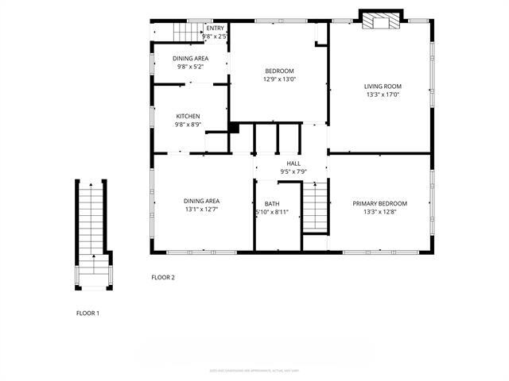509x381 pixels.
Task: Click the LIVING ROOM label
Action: [x=383, y=87]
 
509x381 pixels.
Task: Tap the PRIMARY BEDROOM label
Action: [x=379, y=203]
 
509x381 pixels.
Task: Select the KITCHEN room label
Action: [x=188, y=117]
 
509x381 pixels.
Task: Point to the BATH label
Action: [x=272, y=204]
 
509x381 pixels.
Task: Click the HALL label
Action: [x=293, y=164]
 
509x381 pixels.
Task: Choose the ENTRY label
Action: [x=215, y=29]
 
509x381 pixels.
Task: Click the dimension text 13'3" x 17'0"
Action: [x=383, y=95]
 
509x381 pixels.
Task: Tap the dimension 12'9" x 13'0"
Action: [x=279, y=79]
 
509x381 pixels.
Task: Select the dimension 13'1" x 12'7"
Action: [x=202, y=210]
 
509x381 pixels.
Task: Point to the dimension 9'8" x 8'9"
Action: [x=188, y=125]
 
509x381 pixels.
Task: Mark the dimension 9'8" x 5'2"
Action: [x=192, y=67]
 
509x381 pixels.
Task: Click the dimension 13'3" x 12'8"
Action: [x=379, y=212]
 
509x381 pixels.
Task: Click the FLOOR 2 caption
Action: [x=163, y=277]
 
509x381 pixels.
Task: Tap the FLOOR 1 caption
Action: [x=87, y=314]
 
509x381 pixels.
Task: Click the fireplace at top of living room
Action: [x=380, y=22]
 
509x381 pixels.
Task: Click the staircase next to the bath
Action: [x=316, y=206]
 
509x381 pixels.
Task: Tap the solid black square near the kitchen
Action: [x=234, y=127]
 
